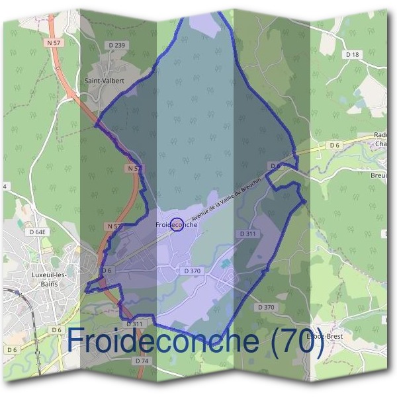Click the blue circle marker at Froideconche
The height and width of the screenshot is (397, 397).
[x=177, y=225]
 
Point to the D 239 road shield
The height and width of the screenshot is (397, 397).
[x=116, y=45]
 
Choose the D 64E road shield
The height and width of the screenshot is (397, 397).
[x=38, y=232]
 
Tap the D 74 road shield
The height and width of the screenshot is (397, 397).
[x=142, y=361]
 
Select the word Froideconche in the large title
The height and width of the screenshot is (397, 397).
[x=162, y=341]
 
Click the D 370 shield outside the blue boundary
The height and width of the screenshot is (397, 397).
[x=265, y=307]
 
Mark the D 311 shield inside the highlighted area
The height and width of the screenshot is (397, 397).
[x=248, y=234]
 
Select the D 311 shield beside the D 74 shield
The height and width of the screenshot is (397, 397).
[x=134, y=324]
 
